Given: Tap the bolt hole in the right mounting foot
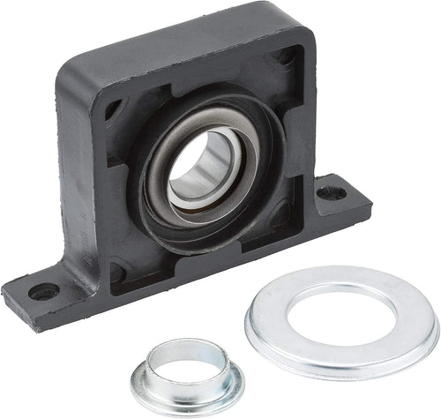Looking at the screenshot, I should coord(331,191).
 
